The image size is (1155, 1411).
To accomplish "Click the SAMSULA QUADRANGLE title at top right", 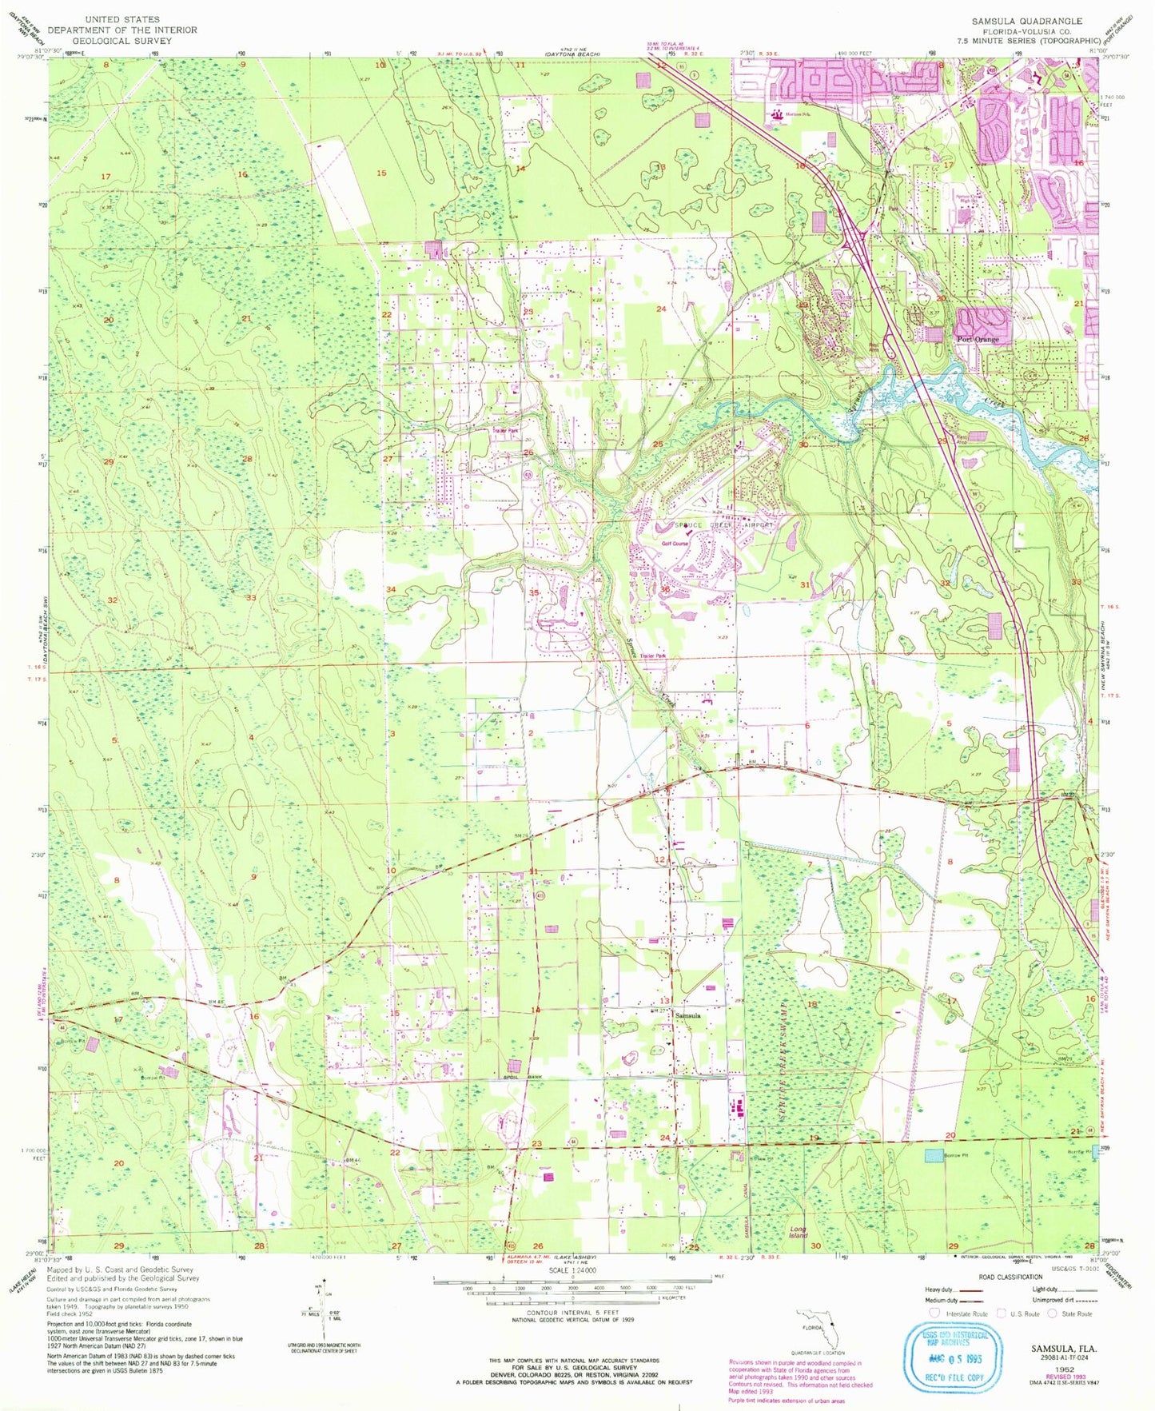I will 1026,22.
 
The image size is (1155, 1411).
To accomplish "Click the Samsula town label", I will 688,1016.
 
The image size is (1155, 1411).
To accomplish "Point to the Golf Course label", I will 675,544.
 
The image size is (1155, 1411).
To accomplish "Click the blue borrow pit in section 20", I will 933,1155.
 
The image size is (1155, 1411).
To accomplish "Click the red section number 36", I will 665,589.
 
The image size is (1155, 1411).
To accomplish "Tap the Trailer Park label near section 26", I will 505,431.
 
